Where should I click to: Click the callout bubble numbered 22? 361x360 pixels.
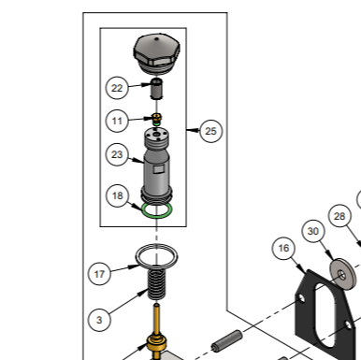117,88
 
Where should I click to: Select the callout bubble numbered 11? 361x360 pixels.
117,120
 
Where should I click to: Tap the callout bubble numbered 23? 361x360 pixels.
117,154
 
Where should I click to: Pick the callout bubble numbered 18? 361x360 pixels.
117,195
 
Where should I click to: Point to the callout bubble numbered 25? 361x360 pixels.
210,131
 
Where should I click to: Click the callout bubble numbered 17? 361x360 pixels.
100,274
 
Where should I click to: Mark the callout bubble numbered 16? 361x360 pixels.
284,248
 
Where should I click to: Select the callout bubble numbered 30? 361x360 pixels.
313,230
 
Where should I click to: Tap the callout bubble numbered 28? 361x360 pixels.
339,216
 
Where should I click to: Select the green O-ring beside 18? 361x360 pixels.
157,212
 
